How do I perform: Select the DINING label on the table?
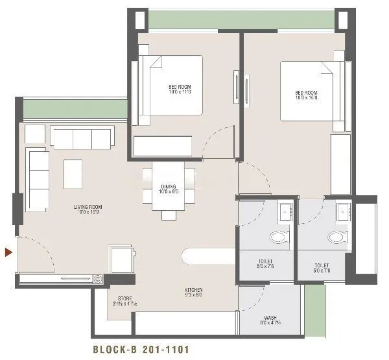point(168,189)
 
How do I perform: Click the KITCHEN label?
point(193,293)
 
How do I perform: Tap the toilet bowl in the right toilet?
point(336,237)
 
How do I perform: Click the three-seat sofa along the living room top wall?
point(82,138)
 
